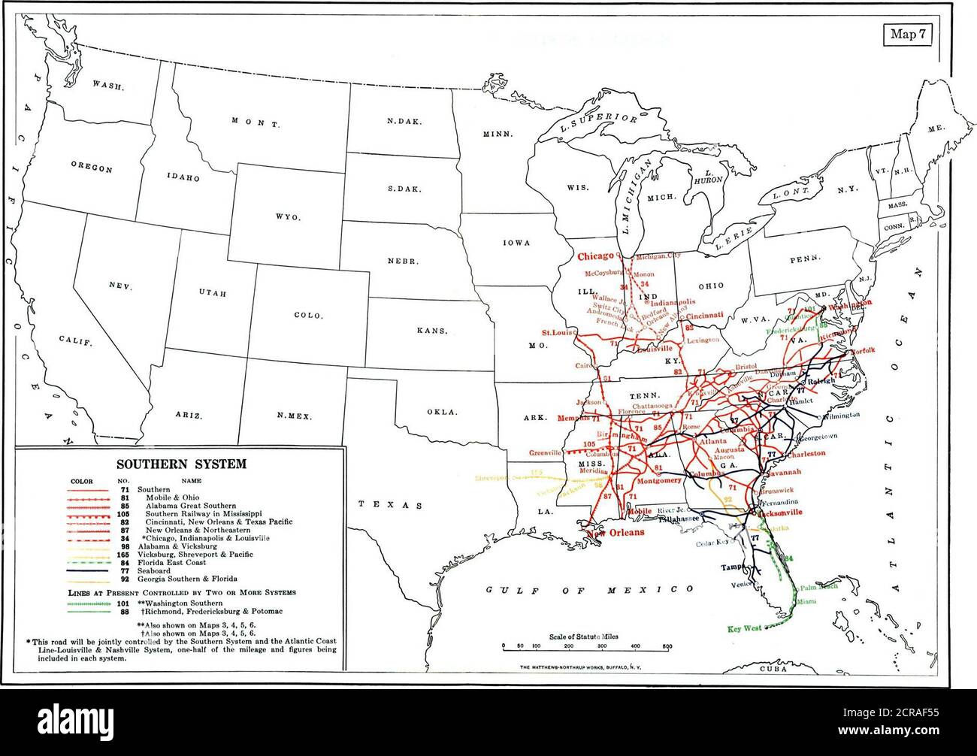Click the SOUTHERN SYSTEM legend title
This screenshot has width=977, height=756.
click(180, 464)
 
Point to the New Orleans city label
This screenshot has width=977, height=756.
click(616, 532)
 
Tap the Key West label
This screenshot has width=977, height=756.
click(745, 628)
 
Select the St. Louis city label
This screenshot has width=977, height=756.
click(557, 331)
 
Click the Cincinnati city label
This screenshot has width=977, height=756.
click(705, 316)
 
